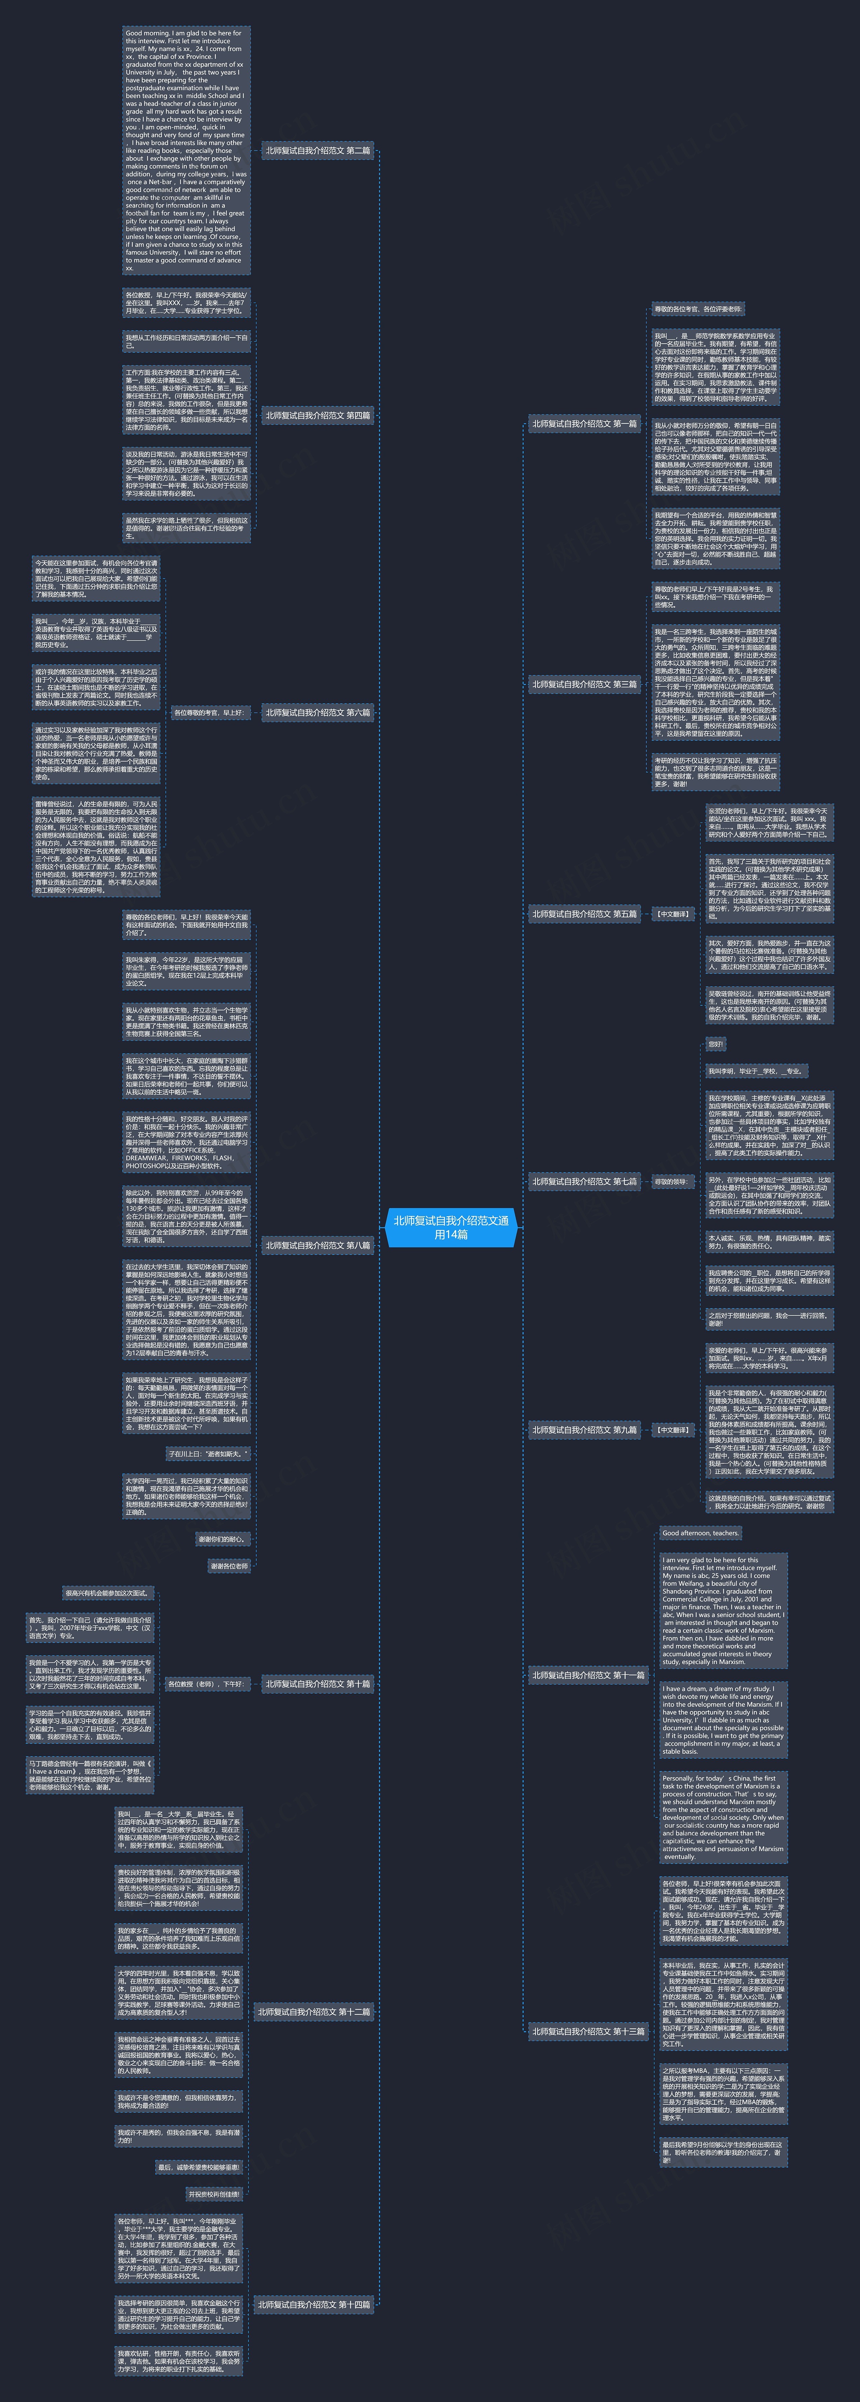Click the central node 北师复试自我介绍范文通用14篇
[x=450, y=1227]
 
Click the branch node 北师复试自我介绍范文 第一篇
[x=585, y=423]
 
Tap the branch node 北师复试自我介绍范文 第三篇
[x=585, y=685]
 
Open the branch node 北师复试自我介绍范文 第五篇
[x=585, y=914]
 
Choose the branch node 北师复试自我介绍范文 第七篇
[x=585, y=1181]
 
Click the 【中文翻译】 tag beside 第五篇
[x=673, y=914]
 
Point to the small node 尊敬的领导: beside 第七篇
[x=671, y=1181]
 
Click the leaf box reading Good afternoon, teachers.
[x=700, y=1532]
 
